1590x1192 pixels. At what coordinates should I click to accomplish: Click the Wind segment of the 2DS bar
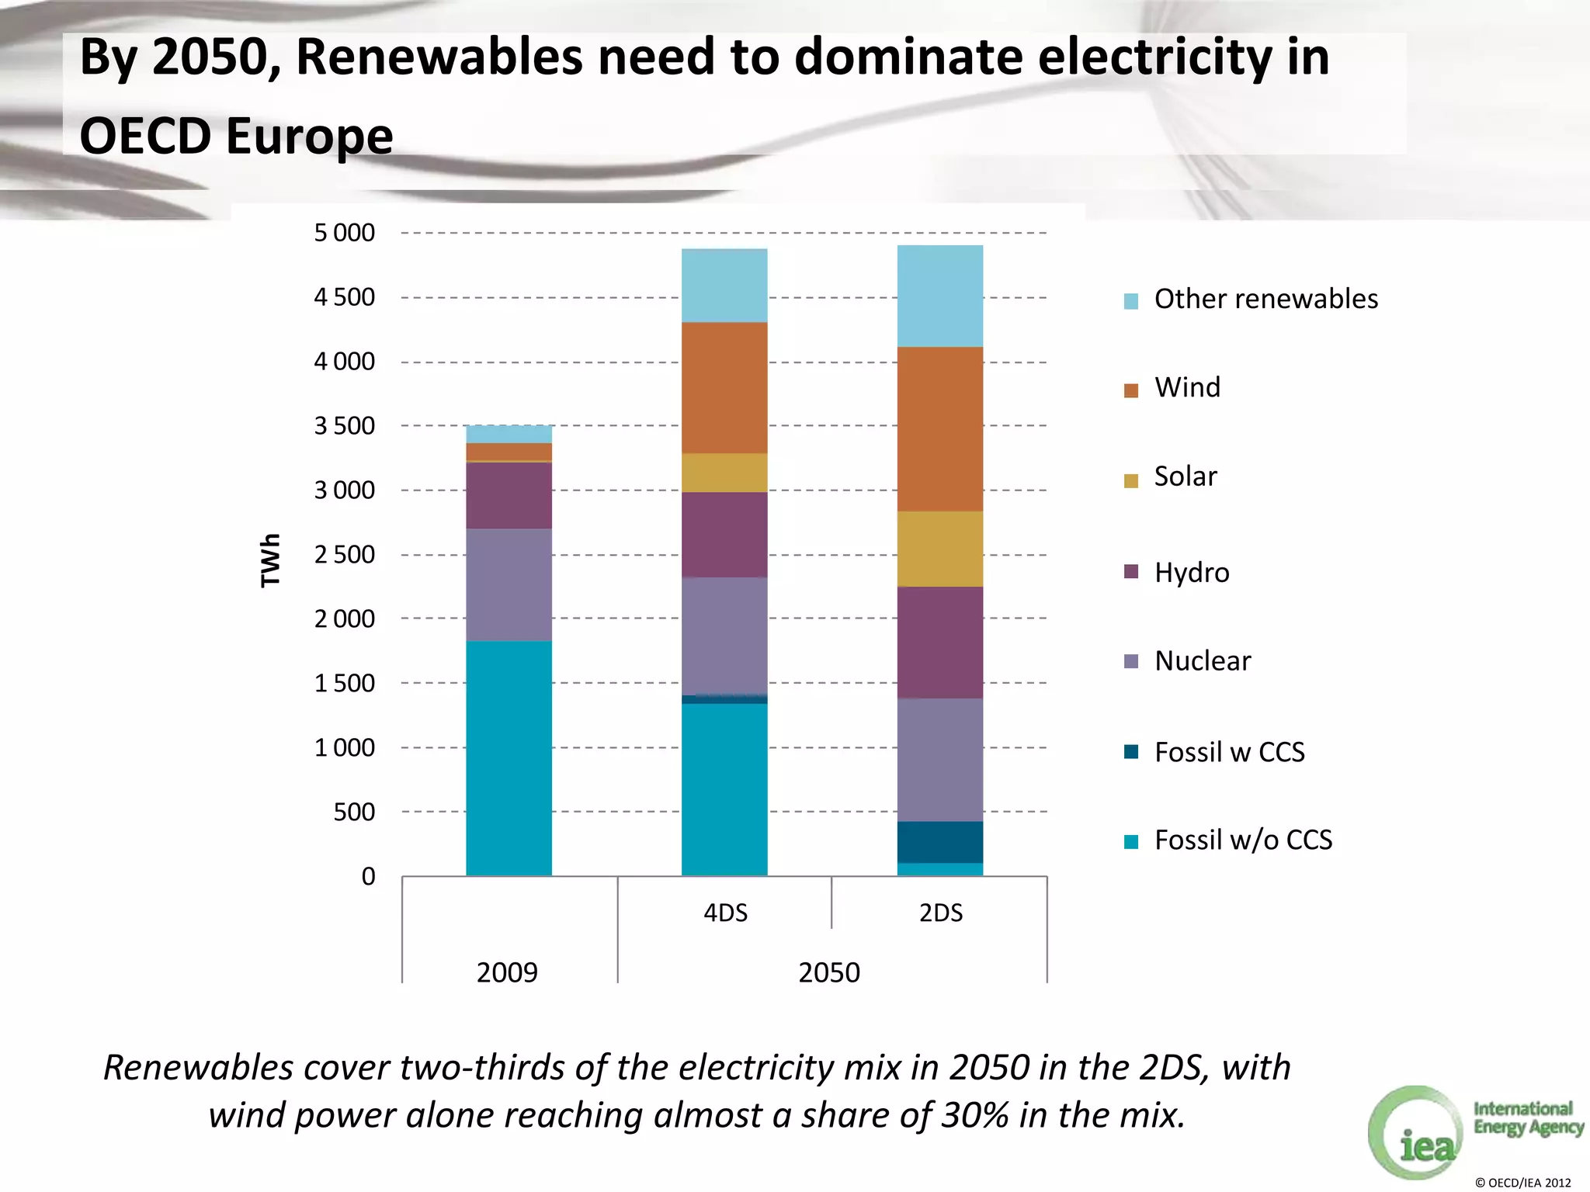[x=939, y=428]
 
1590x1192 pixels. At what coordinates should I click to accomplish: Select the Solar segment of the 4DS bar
[x=724, y=473]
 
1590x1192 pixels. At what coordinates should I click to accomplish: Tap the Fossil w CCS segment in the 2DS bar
[x=939, y=842]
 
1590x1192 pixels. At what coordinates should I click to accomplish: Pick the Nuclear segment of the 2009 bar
[x=509, y=584]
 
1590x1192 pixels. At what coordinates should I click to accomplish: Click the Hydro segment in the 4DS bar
[x=724, y=535]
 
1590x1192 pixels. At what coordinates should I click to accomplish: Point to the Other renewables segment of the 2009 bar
[x=509, y=434]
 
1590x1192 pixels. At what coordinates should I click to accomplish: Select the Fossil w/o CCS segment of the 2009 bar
[x=509, y=758]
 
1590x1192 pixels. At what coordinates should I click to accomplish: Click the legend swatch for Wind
[x=1131, y=390]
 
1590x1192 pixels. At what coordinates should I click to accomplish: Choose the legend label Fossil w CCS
[x=1229, y=752]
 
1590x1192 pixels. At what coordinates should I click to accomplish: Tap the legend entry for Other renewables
[x=1265, y=299]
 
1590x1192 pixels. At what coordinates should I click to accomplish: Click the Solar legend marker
[x=1131, y=480]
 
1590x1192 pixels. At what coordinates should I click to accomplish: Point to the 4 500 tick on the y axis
[x=344, y=297]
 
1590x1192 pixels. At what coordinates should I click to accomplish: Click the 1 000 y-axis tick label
[x=344, y=747]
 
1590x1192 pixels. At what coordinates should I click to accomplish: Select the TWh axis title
[x=269, y=560]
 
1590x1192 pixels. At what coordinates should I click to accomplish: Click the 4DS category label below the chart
[x=725, y=913]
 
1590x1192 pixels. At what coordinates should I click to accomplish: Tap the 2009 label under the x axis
[x=507, y=972]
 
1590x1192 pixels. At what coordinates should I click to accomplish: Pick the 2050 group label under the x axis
[x=829, y=972]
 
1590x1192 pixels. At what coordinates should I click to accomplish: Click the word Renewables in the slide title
[x=439, y=57]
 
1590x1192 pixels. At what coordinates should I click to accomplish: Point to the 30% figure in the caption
[x=976, y=1115]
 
